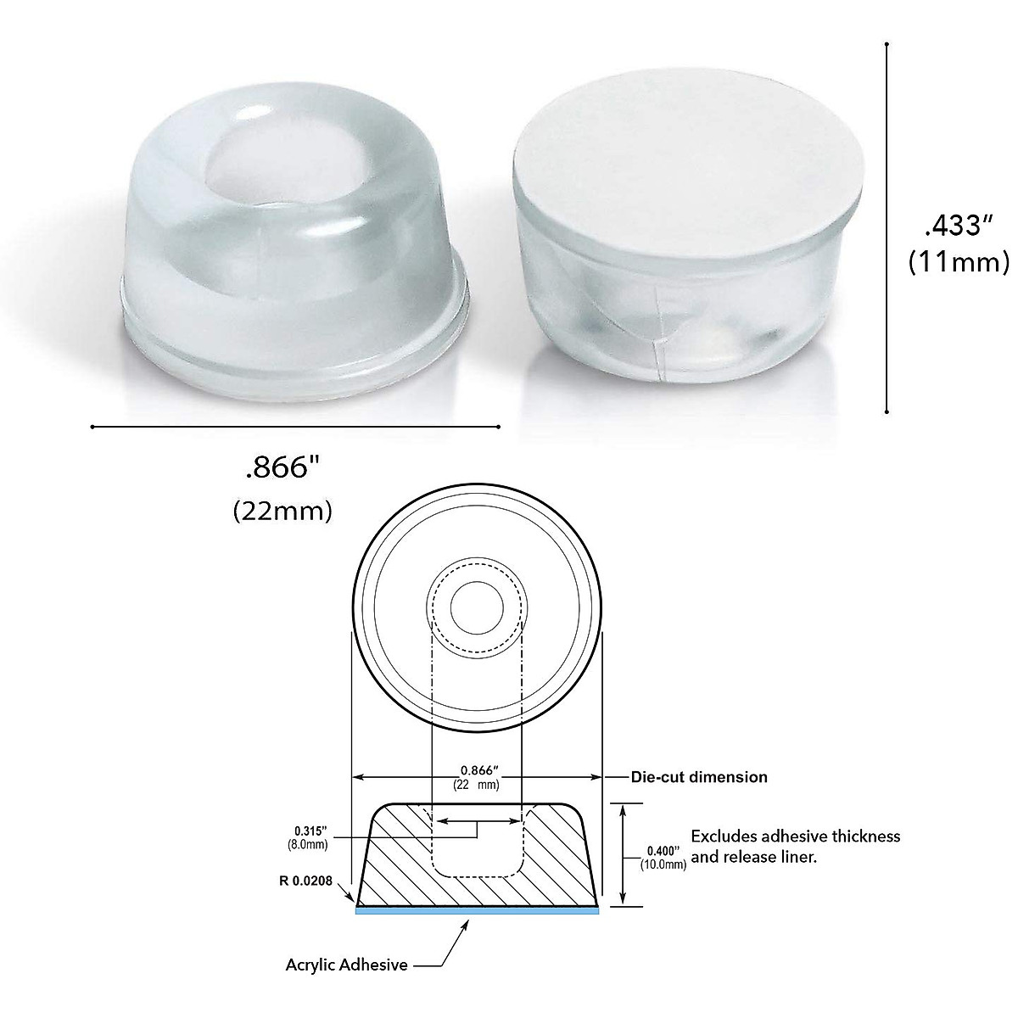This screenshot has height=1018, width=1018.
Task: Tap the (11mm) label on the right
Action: pos(958,262)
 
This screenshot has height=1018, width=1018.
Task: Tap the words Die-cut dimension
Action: pos(699,776)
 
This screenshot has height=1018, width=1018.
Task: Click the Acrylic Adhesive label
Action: pos(346,965)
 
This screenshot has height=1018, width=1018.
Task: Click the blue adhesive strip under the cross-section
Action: pos(478,910)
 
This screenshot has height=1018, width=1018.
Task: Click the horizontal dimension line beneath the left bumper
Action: pos(295,427)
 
